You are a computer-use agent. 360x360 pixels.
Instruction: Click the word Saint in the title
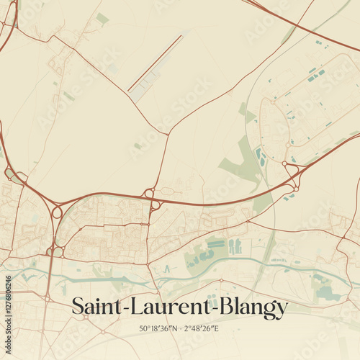(96, 308)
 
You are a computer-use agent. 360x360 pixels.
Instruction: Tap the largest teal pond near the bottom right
(327, 292)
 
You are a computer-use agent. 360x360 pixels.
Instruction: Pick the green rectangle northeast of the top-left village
(103, 18)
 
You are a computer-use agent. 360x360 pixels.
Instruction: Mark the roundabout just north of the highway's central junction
(150, 193)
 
